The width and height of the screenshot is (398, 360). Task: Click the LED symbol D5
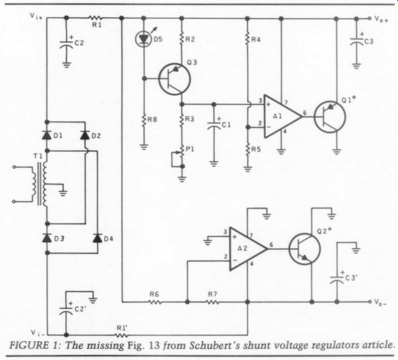[x=143, y=39]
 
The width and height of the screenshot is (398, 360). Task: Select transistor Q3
[x=174, y=79]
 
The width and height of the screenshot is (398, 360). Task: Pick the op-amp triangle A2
[x=249, y=249]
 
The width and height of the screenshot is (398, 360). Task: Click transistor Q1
[x=330, y=117]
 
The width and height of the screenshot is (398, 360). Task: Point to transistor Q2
[x=304, y=249]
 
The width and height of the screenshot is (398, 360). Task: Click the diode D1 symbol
[x=47, y=136]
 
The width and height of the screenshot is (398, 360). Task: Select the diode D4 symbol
[x=98, y=238]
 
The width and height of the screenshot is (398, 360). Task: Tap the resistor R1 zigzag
[x=95, y=18]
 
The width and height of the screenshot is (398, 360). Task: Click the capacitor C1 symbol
[x=214, y=125]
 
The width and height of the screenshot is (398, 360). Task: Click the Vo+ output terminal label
[x=381, y=19]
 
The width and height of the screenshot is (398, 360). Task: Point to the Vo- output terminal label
[x=381, y=302]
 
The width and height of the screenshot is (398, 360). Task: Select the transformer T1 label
[x=38, y=156]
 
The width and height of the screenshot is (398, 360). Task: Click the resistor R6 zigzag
[x=155, y=302]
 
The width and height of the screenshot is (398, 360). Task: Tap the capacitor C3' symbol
[x=337, y=278]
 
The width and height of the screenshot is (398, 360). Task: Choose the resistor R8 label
[x=152, y=119]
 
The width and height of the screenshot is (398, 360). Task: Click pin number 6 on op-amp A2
[x=271, y=244]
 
